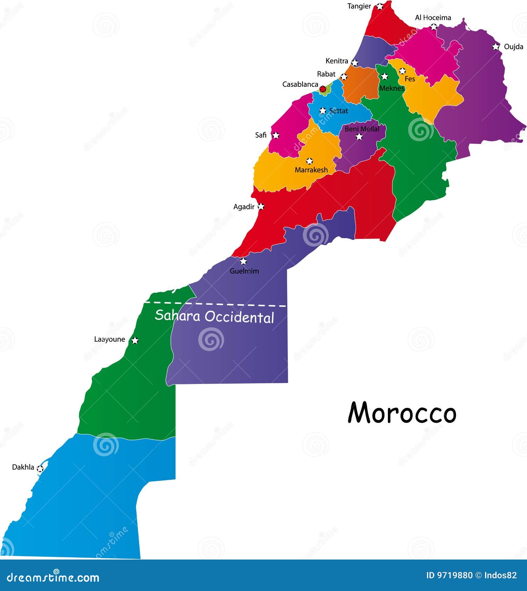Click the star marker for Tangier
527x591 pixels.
[380, 6]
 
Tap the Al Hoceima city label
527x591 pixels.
[433, 17]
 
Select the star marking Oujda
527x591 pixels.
[496, 47]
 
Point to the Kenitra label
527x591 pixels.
[336, 61]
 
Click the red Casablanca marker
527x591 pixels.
[323, 88]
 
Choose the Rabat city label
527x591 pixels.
[326, 74]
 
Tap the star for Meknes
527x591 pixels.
[385, 76]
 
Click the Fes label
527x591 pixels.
[410, 79]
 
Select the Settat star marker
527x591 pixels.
[323, 111]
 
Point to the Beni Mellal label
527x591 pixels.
[362, 129]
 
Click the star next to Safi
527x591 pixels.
[276, 135]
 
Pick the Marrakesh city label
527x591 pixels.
[311, 170]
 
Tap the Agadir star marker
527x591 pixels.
[261, 206]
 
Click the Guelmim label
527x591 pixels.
[244, 271]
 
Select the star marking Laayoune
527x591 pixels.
[135, 340]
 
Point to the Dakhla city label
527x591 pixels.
[23, 467]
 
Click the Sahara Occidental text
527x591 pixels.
[214, 316]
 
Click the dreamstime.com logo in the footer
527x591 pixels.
[53, 577]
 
